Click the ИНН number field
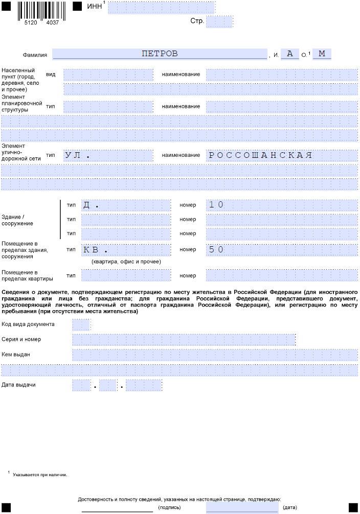point(161,8)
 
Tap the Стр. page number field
point(219,21)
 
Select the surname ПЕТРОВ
point(160,54)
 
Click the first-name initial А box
point(289,54)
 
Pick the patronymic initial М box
point(322,54)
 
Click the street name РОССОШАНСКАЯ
point(260,155)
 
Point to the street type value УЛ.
point(77,155)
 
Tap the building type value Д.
point(91,205)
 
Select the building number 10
point(216,205)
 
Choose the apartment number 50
point(216,250)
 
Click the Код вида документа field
point(81,324)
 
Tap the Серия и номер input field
point(184,339)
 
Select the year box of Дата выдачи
point(144,385)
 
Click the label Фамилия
point(35,55)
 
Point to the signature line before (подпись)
point(117,509)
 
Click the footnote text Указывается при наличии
point(40,474)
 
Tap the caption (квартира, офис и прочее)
point(126,262)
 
